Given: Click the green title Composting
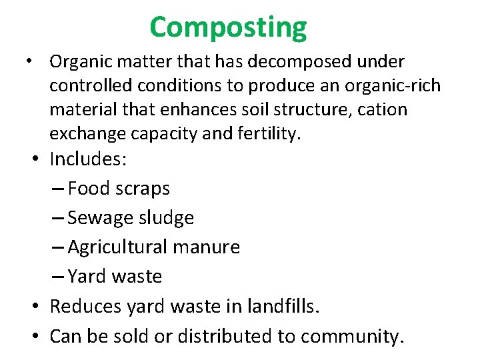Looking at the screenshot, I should [228, 27].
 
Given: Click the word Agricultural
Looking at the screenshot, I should [118, 247].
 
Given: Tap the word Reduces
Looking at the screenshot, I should [87, 306].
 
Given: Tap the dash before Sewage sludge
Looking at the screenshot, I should [57, 218].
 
